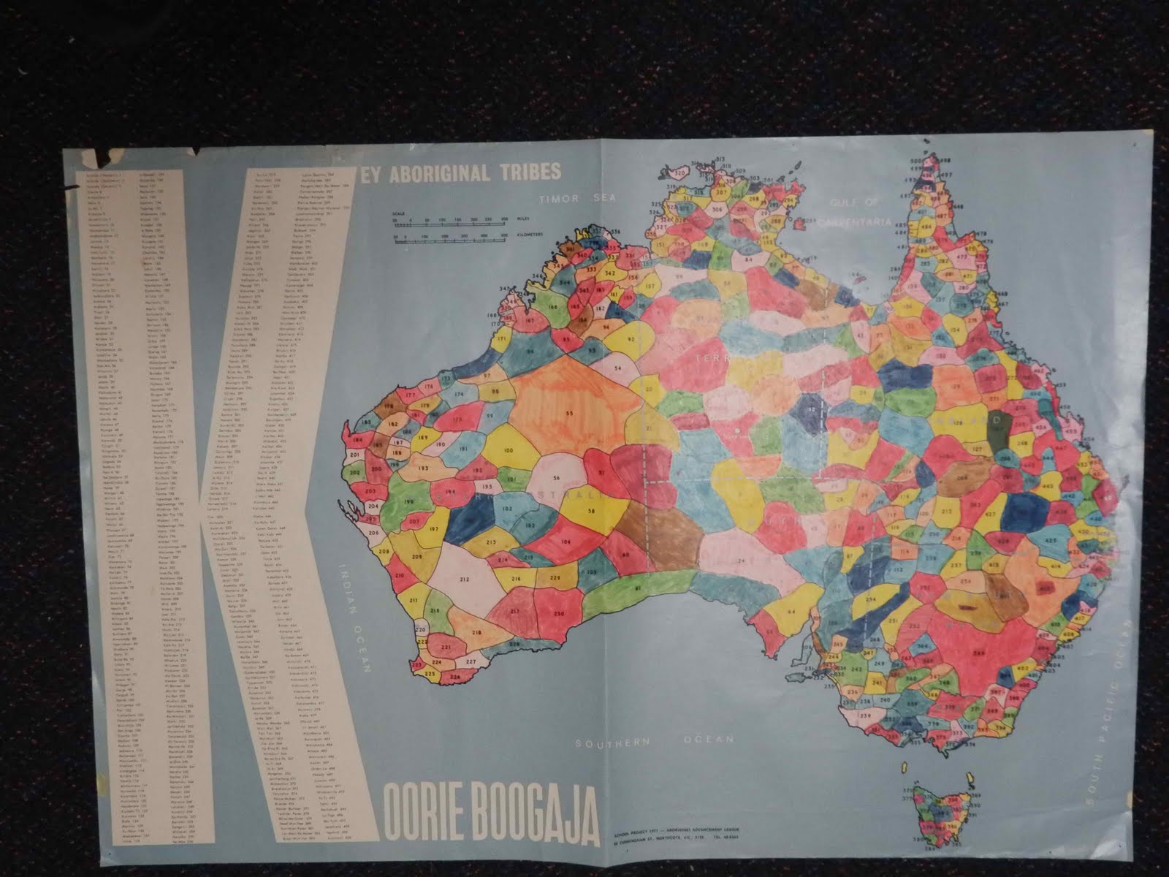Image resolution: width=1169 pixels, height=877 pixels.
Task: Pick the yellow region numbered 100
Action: [508, 451]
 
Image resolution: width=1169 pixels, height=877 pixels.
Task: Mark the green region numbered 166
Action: [553, 298]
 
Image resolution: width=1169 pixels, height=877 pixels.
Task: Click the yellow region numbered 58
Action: [590, 511]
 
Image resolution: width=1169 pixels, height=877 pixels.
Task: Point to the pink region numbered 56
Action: [557, 478]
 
